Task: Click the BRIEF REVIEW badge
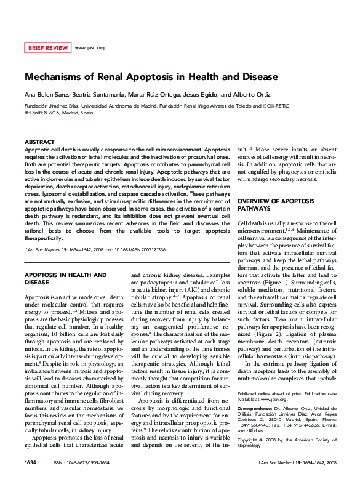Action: point(47,47)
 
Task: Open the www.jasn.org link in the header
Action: point(89,47)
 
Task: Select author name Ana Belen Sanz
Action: point(46,95)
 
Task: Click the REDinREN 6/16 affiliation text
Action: point(43,113)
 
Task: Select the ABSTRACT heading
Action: point(39,142)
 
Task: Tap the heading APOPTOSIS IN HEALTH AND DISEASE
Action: point(65,278)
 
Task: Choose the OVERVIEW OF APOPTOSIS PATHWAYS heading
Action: point(271,205)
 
